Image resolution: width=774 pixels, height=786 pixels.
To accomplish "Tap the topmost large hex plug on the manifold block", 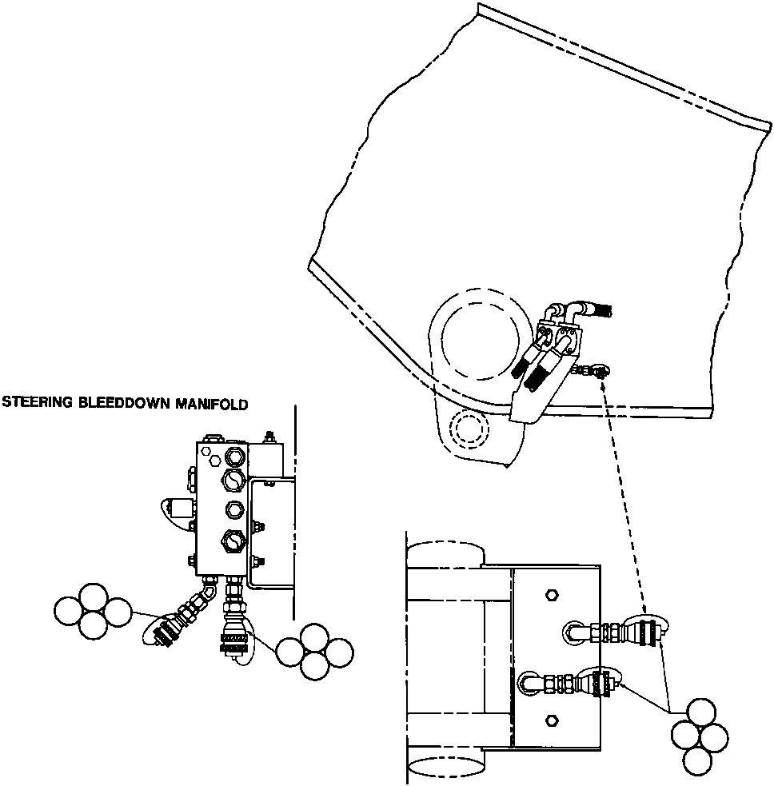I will point(234,457).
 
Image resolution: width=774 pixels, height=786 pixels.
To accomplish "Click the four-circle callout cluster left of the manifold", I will point(93,611).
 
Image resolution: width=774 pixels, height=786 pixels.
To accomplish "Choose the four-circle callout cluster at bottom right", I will point(699,736).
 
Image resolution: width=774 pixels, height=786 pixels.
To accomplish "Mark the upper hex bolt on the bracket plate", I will point(551,596).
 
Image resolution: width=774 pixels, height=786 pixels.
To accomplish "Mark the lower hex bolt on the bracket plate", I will point(551,721).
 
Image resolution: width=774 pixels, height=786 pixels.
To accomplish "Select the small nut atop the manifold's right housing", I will point(267,437).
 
